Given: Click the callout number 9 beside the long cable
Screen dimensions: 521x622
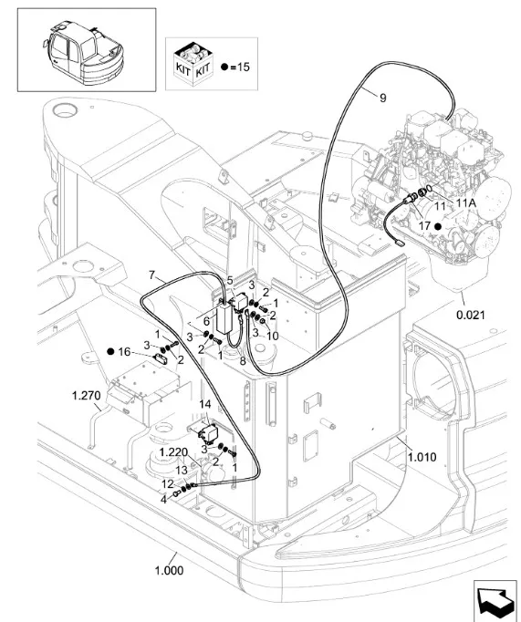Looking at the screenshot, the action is click(x=382, y=98).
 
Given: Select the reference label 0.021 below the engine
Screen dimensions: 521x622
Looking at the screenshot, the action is click(x=470, y=316).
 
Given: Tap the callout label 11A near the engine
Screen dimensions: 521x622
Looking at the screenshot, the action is click(x=466, y=203).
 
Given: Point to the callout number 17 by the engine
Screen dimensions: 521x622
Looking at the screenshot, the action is click(x=424, y=226).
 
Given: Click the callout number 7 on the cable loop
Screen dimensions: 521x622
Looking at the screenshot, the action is click(x=152, y=275).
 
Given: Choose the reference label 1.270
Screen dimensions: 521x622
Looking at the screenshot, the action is click(x=86, y=396).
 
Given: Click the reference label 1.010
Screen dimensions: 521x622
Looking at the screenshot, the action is click(x=422, y=457).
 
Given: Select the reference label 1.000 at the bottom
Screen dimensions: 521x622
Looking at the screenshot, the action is click(x=169, y=571).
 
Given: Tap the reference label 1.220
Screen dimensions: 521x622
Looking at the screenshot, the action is click(x=173, y=452).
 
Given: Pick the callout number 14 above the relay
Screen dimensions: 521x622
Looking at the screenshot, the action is click(x=205, y=405).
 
